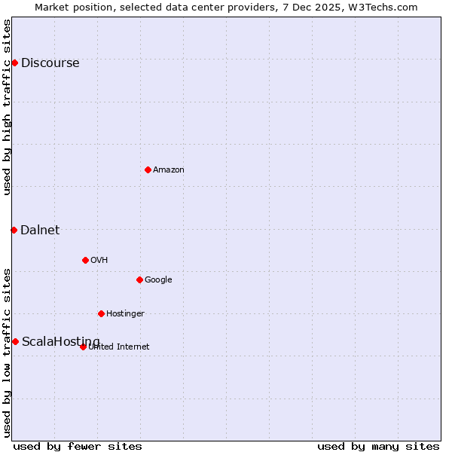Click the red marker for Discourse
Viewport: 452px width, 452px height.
14,63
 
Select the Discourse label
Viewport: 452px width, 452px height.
50,63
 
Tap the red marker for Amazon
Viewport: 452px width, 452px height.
148,169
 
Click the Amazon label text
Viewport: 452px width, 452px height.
169,170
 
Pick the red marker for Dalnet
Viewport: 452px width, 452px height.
14,230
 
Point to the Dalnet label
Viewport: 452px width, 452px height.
40,231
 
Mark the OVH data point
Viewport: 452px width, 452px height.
85,260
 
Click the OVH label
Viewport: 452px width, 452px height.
99,261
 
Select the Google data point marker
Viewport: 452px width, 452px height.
139,279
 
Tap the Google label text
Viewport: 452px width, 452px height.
158,280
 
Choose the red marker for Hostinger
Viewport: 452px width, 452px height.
101,313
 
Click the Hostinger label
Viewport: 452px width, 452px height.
125,314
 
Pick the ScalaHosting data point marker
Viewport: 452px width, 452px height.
15,341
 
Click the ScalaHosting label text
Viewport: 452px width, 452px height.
60,342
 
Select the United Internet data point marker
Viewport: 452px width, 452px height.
83,347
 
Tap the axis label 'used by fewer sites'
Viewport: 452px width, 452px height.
78,446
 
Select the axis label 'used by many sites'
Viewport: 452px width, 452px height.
378,446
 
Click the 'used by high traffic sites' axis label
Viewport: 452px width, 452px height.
8,107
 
